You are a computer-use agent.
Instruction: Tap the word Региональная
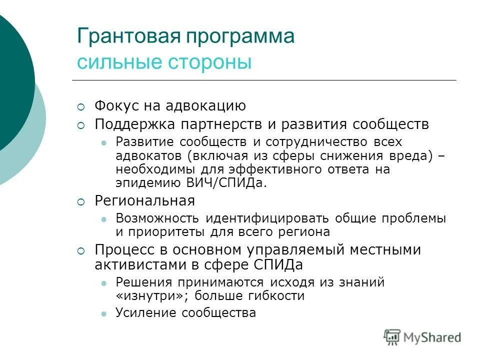(144, 201)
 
